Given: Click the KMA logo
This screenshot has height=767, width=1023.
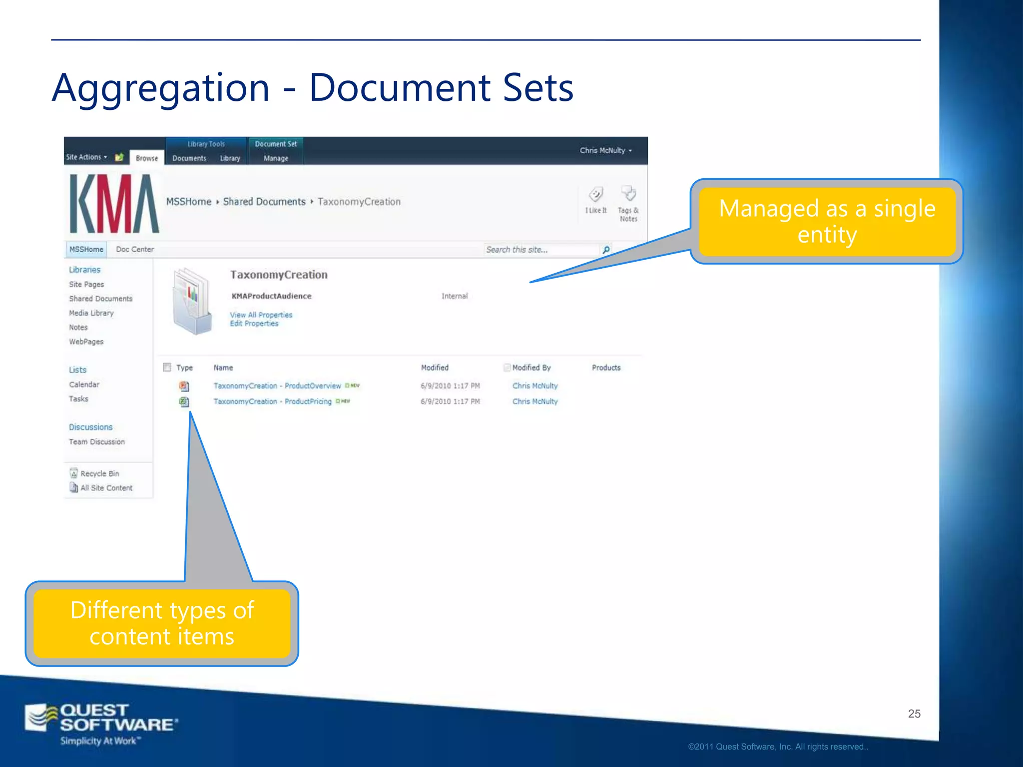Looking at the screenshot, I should tap(114, 203).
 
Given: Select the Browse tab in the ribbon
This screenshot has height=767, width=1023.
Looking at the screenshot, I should tap(146, 158).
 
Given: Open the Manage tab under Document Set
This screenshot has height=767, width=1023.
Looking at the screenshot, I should tap(276, 158).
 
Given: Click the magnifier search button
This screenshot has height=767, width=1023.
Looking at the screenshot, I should tap(606, 250).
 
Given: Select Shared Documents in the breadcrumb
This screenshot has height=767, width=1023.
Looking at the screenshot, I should tap(264, 202).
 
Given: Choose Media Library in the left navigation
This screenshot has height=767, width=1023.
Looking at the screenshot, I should tap(91, 313).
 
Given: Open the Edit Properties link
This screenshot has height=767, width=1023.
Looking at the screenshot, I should tap(254, 324).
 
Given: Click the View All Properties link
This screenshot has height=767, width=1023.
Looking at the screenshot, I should tap(261, 315).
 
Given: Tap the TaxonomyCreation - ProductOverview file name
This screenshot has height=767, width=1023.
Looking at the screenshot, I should tap(277, 386).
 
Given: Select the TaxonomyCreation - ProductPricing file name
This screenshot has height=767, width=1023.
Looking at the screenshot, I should tap(272, 401).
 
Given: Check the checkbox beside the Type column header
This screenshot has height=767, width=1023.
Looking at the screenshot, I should tap(167, 368).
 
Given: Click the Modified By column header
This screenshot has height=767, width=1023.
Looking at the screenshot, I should tap(531, 368).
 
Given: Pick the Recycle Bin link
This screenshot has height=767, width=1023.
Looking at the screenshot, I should tap(99, 473).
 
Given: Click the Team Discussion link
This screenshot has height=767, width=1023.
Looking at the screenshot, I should tap(97, 442).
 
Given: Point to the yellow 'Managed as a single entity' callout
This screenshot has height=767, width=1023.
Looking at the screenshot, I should tap(827, 221).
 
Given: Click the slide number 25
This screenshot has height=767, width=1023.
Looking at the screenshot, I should tap(914, 714).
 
